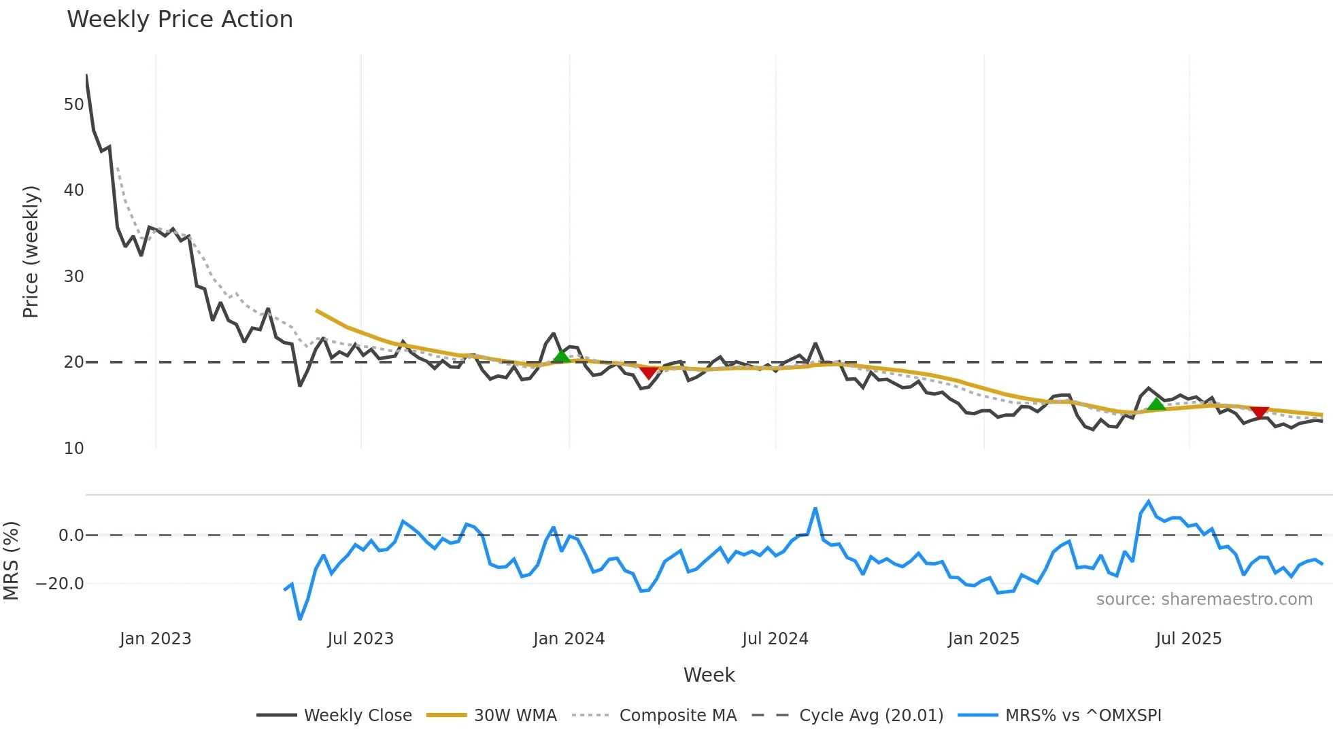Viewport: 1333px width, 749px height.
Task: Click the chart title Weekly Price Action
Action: coord(180,20)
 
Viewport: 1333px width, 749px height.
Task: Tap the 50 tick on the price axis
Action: coord(73,105)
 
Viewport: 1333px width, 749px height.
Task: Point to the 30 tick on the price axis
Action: coord(73,277)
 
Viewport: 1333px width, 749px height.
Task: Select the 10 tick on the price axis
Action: coord(73,449)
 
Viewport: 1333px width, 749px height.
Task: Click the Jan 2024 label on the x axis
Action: coord(569,639)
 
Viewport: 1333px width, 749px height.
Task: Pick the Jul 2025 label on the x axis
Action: coord(1188,639)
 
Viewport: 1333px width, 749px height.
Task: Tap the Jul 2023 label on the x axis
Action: coord(360,639)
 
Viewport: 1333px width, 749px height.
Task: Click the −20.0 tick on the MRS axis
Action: coord(60,584)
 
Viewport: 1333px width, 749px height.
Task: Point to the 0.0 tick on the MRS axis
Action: coord(71,536)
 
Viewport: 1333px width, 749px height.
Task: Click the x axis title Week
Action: coord(709,675)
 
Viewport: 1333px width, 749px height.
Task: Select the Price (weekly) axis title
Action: coord(31,251)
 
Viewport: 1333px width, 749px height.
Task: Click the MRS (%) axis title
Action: coord(11,561)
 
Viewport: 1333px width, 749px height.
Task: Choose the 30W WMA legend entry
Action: coord(515,716)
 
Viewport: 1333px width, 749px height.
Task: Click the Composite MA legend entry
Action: coord(677,716)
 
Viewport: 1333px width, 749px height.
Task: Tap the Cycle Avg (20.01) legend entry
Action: coord(871,716)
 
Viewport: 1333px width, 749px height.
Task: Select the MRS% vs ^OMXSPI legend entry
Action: coord(1083,716)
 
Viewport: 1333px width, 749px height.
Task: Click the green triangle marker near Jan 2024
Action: coord(561,356)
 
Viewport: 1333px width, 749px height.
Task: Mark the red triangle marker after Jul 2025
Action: coord(1260,413)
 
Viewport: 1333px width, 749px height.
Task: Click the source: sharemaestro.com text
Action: coord(1204,599)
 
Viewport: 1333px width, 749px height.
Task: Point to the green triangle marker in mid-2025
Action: coord(1156,404)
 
